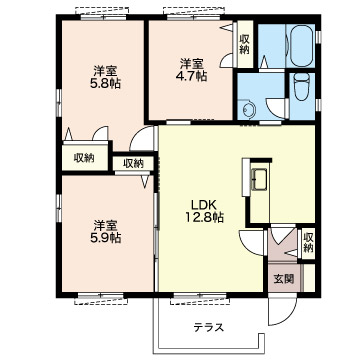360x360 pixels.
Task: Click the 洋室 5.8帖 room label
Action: click(105, 77)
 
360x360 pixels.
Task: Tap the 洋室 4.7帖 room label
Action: click(191, 70)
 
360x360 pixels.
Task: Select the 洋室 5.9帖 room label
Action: click(105, 232)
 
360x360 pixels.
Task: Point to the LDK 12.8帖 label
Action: click(204, 211)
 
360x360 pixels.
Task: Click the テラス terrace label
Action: click(209, 328)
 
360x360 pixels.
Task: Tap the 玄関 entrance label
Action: click(284, 279)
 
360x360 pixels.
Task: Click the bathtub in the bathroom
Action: click(301, 46)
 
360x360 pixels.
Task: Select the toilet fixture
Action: click(302, 85)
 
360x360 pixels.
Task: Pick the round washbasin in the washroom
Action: click(247, 109)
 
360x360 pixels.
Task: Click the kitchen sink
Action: click(260, 179)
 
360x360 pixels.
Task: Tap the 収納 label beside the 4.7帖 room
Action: click(244, 44)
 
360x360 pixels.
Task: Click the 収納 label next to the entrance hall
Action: click(308, 242)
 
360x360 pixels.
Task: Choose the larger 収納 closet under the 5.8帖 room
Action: click(85, 157)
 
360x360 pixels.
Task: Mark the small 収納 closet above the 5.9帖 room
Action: click(133, 163)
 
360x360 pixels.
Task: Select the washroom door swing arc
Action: click(274, 109)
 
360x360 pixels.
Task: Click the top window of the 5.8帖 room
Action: click(104, 17)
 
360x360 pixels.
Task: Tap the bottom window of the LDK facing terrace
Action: click(200, 295)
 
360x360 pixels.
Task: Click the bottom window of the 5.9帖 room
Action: click(101, 295)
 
